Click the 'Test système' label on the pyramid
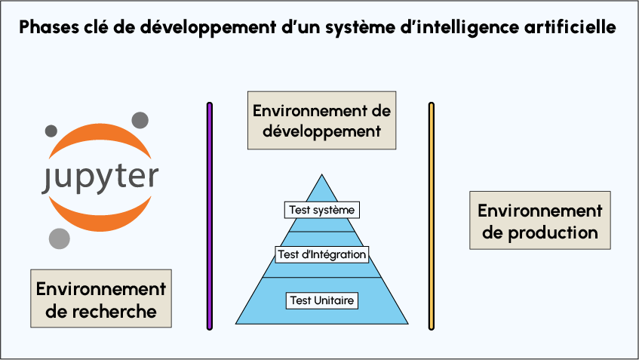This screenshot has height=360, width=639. pos(321,209)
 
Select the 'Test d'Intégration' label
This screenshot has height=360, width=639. pos(321,254)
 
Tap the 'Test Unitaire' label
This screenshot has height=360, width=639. pos(322,300)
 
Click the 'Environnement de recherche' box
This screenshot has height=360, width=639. pos(101,299)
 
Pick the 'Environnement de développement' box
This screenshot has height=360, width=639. pos(321,121)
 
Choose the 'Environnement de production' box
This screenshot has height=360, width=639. pos(539,220)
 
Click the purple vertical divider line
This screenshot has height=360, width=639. pos(210,216)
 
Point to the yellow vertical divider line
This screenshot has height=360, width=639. pos(432,216)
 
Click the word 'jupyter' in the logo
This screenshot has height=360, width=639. pos(100,177)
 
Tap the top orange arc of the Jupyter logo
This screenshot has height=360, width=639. pos(100,136)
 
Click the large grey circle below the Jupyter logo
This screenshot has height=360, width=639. pos(60,238)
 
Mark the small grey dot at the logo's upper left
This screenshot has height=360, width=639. pos(51,130)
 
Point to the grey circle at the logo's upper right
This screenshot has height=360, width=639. pos(140,120)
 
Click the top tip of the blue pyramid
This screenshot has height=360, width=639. pos(322,176)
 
